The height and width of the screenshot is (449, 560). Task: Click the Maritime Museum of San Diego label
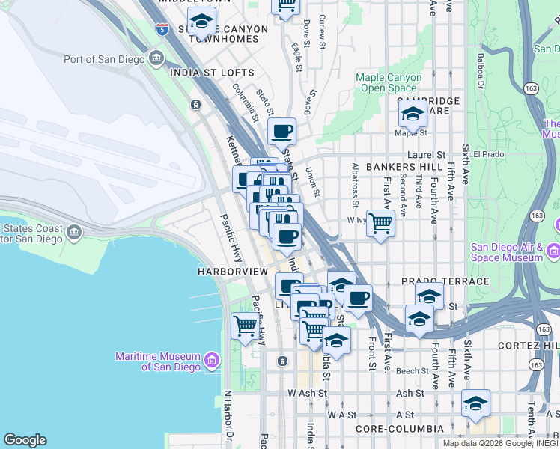tap(157, 361)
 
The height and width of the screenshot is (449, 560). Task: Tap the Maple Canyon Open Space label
tap(389, 82)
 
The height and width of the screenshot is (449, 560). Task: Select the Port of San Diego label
tap(105, 59)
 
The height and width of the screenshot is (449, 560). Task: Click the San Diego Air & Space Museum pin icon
tap(553, 249)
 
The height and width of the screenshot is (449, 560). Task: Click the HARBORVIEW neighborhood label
tap(233, 270)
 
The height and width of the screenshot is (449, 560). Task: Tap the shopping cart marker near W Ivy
tap(381, 223)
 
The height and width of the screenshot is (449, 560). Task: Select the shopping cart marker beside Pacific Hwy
tap(246, 326)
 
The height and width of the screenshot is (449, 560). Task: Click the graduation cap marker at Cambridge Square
tap(412, 114)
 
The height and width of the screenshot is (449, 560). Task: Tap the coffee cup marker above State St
tap(282, 132)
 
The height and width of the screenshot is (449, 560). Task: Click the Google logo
tap(25, 440)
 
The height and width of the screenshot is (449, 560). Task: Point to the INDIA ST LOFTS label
tap(212, 73)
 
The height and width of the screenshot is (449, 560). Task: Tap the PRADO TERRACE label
tap(445, 281)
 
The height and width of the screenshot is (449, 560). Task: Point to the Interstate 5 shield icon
tap(162, 30)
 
